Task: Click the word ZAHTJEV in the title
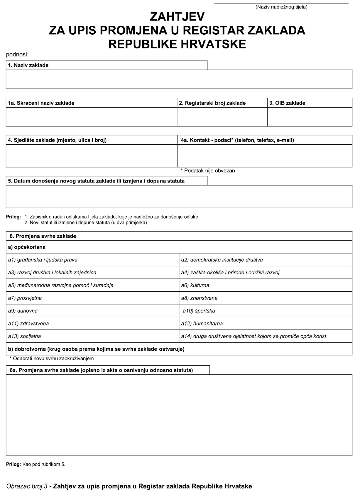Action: tap(177, 17)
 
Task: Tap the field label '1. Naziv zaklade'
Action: tap(28, 65)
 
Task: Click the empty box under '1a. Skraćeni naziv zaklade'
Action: tap(91, 117)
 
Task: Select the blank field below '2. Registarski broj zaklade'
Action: tap(222, 117)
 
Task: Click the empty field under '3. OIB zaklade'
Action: tap(310, 117)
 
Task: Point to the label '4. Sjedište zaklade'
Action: tap(57, 140)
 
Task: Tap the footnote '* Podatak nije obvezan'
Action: tap(208, 170)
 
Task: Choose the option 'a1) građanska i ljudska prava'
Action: tap(43, 260)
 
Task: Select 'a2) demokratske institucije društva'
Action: tap(222, 260)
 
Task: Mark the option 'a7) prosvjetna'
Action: tap(25, 298)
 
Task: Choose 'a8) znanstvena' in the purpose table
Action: tap(199, 298)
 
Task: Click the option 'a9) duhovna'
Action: tap(23, 311)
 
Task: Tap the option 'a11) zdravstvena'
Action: tap(28, 323)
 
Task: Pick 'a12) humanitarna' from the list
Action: tap(202, 323)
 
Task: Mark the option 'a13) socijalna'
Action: tap(25, 336)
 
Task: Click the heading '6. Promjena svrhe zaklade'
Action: tap(43, 236)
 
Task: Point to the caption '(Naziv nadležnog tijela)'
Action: tap(281, 7)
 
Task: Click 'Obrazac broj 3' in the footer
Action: tap(27, 486)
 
